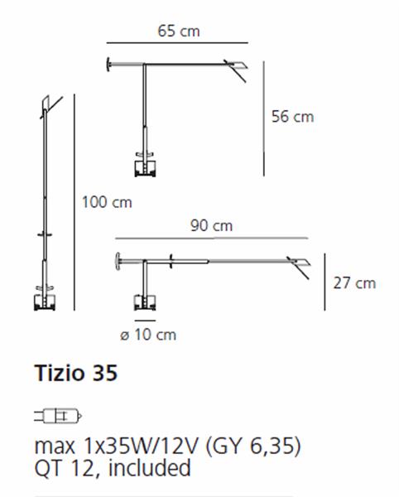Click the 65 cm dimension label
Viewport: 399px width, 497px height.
[x=179, y=31]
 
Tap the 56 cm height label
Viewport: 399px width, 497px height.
[x=292, y=117]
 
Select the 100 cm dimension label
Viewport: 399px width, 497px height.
[x=107, y=202]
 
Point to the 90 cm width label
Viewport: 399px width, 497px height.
[x=211, y=225]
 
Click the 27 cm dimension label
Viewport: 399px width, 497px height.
[x=353, y=283]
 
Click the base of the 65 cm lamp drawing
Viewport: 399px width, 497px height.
[x=146, y=166]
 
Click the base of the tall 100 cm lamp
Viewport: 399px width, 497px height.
[x=42, y=300]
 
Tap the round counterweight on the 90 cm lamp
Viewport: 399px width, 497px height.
[x=118, y=261]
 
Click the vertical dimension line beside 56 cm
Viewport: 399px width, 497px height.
[x=263, y=116]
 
